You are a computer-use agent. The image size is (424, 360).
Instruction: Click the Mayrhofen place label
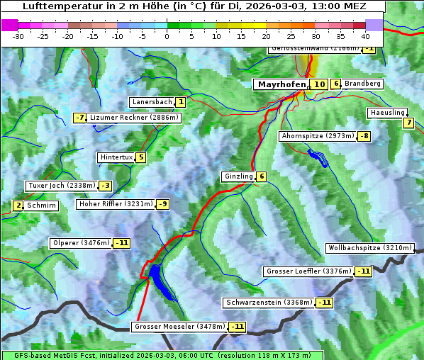click(280, 84)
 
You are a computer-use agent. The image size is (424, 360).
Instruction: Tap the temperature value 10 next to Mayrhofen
click(319, 84)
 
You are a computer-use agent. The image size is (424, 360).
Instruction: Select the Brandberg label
click(363, 84)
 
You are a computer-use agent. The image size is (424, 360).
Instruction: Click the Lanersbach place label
click(152, 102)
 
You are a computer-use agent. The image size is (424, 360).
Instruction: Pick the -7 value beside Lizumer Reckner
click(79, 118)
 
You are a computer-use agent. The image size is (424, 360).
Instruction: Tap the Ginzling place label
click(238, 176)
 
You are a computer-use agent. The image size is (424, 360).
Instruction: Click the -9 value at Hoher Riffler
click(162, 204)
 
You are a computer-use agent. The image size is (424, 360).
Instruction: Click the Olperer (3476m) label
click(82, 243)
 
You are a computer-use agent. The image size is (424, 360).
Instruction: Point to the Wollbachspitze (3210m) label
click(369, 248)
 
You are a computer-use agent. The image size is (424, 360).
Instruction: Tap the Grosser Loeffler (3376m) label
click(308, 271)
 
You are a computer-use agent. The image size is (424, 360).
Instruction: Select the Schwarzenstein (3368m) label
click(268, 303)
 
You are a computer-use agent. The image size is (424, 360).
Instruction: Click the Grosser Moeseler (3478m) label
click(179, 327)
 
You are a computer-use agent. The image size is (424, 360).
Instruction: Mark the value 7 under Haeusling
click(408, 123)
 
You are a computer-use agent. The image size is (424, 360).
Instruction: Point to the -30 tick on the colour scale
click(18, 35)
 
